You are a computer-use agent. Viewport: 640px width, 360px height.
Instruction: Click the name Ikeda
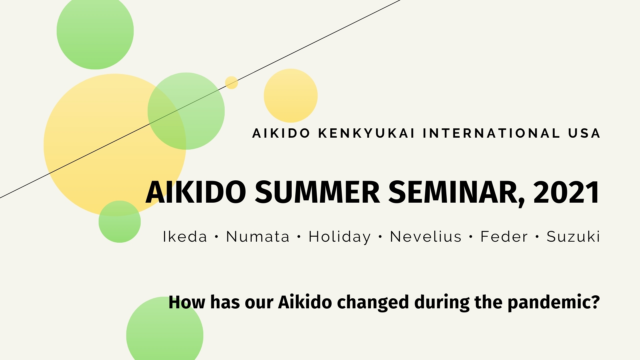pyautogui.click(x=185, y=237)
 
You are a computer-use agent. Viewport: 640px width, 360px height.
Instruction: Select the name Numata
pyautogui.click(x=258, y=237)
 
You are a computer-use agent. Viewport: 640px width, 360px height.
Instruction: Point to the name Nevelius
pyautogui.click(x=425, y=237)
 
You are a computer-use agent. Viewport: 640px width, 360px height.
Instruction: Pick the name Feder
pyautogui.click(x=504, y=237)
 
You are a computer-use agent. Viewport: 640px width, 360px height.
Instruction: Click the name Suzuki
pyautogui.click(x=573, y=237)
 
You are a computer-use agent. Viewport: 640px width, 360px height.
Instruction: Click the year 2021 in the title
pyautogui.click(x=566, y=193)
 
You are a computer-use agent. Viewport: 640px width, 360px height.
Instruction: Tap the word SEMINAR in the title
pyautogui.click(x=456, y=193)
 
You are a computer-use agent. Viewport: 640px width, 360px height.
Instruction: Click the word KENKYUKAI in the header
pyautogui.click(x=366, y=133)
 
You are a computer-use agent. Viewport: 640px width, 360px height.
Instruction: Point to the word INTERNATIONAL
pyautogui.click(x=491, y=133)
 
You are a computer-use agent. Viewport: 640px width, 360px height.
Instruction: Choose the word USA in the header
pyautogui.click(x=584, y=133)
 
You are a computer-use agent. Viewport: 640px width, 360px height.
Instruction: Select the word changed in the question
pyautogui.click(x=373, y=303)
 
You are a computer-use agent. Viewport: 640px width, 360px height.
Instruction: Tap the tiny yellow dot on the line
pyautogui.click(x=231, y=82)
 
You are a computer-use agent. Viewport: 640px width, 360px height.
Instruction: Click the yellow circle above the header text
pyautogui.click(x=290, y=96)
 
